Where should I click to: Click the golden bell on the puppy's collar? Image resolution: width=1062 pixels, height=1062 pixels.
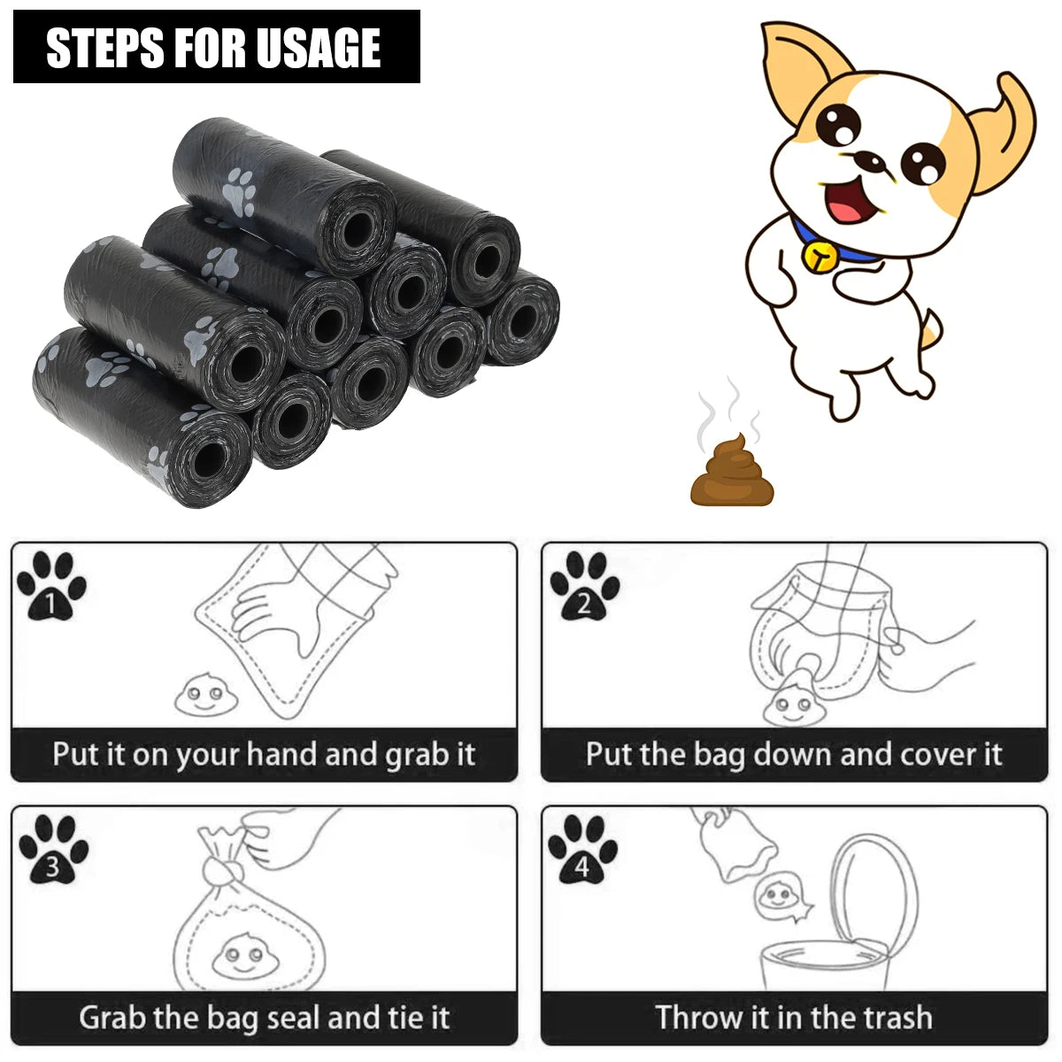pos(820,255)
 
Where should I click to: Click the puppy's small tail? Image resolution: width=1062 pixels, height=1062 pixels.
pos(928,327)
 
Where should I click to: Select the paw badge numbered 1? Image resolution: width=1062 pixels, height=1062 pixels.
pos(51,586)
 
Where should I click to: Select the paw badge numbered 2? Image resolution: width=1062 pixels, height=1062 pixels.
pos(584,586)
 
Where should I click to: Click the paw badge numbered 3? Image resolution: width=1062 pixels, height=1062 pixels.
pos(53,850)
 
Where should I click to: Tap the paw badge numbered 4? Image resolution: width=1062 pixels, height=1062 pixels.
pos(581,850)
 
